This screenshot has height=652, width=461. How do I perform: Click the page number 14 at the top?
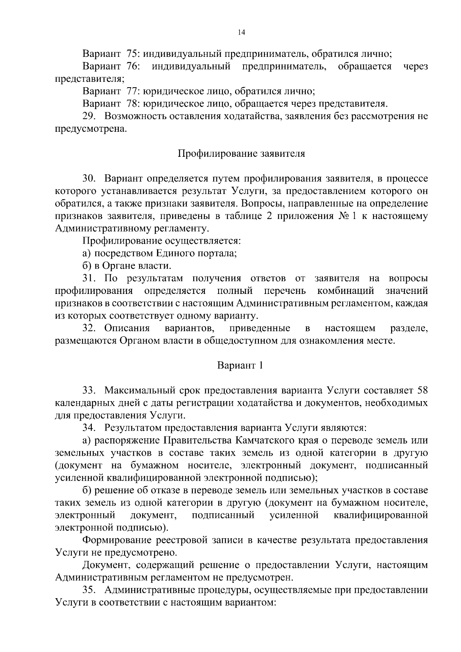tap(241, 33)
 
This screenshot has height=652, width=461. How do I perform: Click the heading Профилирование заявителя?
tap(241, 154)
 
